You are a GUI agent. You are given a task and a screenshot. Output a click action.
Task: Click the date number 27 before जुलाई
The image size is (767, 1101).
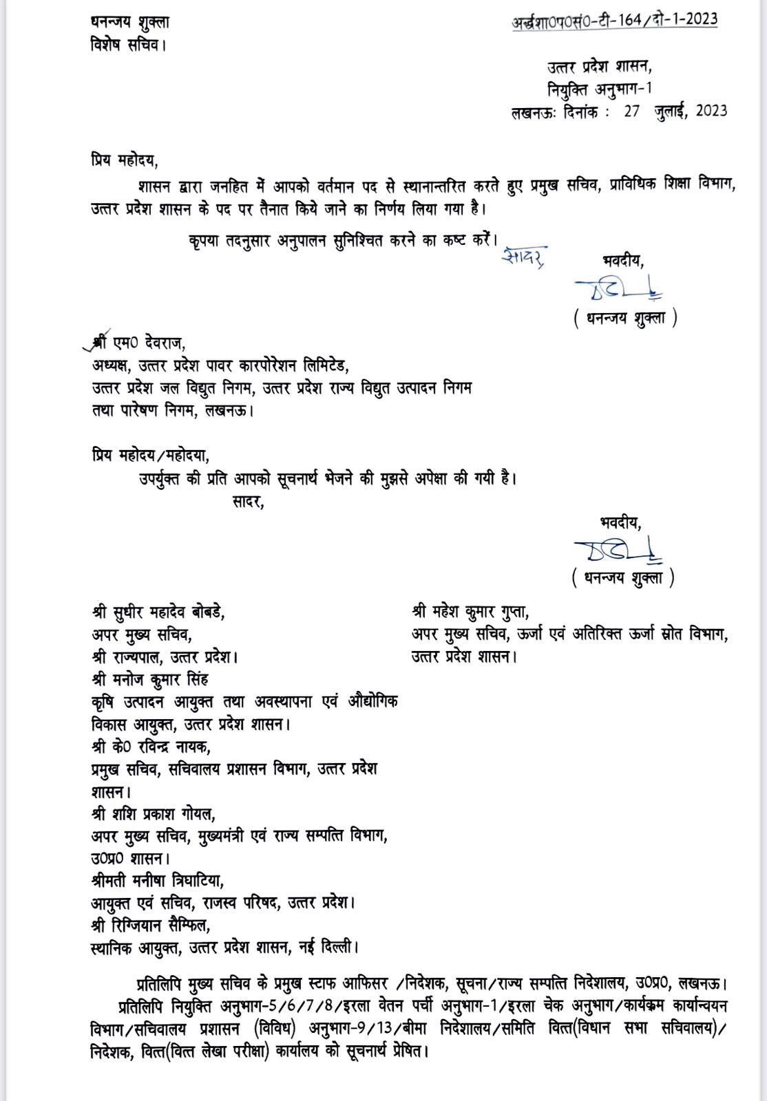tap(632, 111)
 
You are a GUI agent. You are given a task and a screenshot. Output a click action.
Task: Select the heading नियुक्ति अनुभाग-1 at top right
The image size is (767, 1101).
tap(599, 89)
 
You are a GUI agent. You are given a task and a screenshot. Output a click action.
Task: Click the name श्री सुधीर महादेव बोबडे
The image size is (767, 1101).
tap(158, 611)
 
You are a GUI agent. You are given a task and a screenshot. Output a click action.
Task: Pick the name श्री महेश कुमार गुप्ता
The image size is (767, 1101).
tap(470, 611)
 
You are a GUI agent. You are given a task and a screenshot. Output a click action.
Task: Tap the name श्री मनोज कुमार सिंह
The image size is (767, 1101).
tap(149, 679)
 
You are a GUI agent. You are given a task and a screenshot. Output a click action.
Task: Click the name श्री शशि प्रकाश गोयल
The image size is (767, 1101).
tap(153, 814)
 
